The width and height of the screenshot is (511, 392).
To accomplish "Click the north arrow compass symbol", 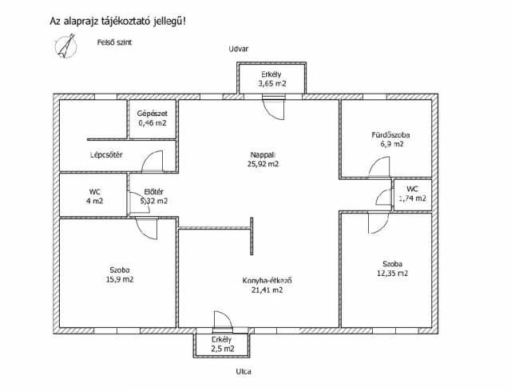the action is (65, 46).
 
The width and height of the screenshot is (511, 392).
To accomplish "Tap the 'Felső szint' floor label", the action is (114, 42).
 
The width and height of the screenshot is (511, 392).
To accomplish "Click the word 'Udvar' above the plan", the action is (238, 49).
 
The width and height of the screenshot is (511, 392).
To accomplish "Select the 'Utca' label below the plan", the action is (244, 371).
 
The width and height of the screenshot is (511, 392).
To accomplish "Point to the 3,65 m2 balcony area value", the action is (272, 84).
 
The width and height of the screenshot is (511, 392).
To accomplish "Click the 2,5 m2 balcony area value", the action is (223, 349).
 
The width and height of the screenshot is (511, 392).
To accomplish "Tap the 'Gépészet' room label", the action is (153, 114).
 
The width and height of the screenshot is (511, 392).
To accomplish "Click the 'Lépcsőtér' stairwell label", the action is (106, 155).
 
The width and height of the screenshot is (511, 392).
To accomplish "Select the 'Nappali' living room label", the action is (263, 154).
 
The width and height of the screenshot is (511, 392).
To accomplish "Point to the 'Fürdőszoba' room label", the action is (390, 134).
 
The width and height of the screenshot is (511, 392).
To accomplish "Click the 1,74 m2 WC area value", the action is (413, 198).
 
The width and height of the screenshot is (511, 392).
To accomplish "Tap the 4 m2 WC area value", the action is (94, 201).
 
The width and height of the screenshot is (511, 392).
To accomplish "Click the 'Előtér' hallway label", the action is (154, 192).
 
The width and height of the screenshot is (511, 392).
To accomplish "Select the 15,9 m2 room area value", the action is (120, 280).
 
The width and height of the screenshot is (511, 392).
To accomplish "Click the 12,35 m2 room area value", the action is (392, 274).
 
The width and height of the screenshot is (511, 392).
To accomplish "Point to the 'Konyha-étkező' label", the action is (267, 280).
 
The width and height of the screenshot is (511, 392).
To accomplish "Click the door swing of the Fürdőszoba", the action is (379, 167).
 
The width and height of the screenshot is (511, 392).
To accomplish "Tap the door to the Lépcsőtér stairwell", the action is (152, 162).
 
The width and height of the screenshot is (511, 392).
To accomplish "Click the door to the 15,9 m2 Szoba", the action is (146, 228).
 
